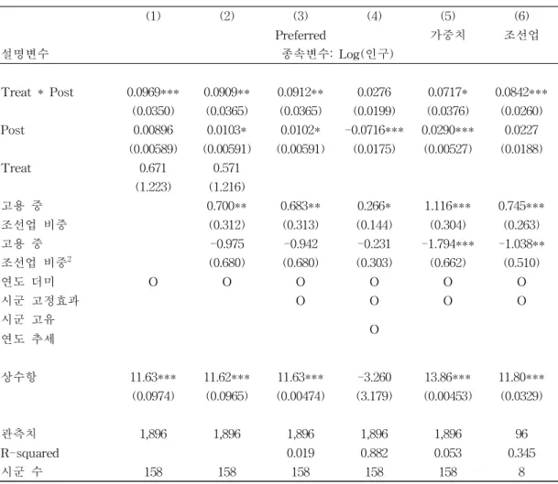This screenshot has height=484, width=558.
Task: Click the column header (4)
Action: coord(374,16)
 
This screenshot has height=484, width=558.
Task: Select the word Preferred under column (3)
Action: coord(301,35)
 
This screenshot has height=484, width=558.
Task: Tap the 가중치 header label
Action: coord(448,35)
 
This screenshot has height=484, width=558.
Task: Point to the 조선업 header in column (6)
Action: coord(521,35)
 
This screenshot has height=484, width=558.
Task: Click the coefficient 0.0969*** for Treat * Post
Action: coord(153,92)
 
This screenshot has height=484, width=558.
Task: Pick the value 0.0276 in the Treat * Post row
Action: coord(374,92)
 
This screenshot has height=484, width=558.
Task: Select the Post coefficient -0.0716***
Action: coord(374,130)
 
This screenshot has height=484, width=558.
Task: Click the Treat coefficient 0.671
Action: coord(153,167)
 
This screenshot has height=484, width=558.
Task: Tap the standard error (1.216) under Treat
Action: coord(227,187)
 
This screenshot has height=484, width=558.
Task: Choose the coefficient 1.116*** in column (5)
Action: coord(448,206)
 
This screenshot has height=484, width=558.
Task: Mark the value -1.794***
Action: coord(448,243)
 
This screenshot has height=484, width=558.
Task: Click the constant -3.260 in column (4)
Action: coord(374,377)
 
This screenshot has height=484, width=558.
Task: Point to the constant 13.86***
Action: coord(448,377)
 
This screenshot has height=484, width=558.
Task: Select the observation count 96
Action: coord(521,434)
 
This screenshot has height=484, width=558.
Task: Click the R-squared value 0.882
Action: coord(374,453)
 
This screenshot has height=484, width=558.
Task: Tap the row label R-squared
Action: coord(30,453)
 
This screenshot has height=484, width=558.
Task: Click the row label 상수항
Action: coord(18,377)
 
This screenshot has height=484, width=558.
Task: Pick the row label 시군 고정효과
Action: coord(40,301)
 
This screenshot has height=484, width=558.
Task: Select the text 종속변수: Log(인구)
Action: coord(337,54)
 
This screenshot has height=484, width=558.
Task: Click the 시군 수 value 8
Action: coord(521,472)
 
